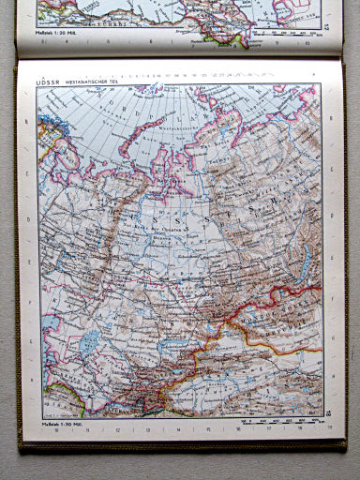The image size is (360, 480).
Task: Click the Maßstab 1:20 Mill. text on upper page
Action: point(55,35)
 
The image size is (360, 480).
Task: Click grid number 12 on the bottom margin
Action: point(92,432)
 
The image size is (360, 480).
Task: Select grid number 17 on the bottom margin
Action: point(274,433)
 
